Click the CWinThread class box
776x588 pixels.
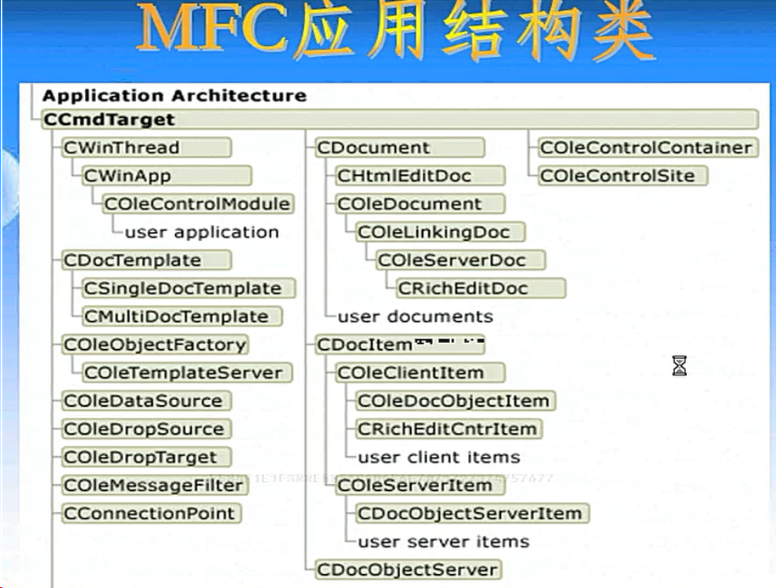(146, 148)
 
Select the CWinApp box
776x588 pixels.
(166, 176)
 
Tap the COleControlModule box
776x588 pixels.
(198, 204)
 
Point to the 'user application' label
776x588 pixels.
(202, 232)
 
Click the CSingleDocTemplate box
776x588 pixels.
(188, 288)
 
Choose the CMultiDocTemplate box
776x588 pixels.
(182, 316)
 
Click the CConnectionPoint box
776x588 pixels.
(151, 513)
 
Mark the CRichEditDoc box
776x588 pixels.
(480, 288)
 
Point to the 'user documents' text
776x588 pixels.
(415, 316)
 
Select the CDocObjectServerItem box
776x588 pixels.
(471, 513)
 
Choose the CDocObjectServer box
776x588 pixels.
(407, 569)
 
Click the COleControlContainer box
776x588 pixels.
(646, 148)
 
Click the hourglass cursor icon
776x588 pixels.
(679, 365)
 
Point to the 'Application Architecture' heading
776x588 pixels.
(174, 96)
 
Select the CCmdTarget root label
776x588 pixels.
(109, 120)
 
